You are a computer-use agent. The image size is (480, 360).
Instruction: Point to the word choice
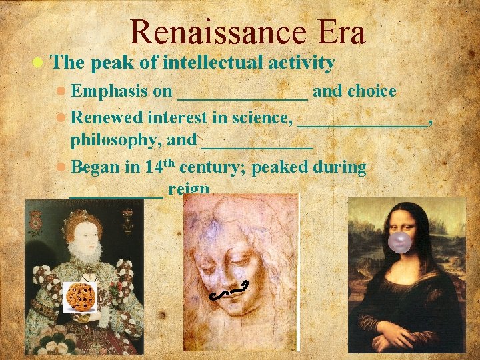[x=371, y=91]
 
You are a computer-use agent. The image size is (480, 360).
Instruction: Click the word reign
[x=189, y=190]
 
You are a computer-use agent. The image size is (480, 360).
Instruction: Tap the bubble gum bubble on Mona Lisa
[x=400, y=243]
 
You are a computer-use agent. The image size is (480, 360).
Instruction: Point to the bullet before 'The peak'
[x=39, y=63]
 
